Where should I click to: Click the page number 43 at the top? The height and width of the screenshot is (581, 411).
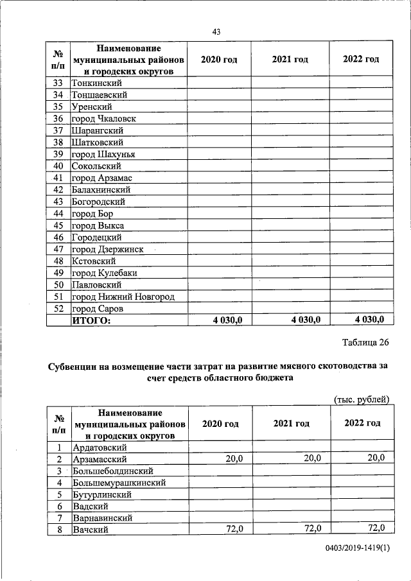click(x=216, y=33)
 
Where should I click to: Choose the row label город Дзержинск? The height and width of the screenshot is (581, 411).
click(x=107, y=249)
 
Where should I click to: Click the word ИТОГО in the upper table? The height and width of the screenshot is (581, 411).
click(x=91, y=320)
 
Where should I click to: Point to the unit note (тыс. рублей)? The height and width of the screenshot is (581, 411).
click(x=362, y=399)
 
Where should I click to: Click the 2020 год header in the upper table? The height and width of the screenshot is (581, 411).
click(x=219, y=59)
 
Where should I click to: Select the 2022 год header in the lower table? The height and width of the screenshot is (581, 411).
click(x=362, y=423)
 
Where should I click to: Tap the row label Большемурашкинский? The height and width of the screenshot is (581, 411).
click(x=120, y=482)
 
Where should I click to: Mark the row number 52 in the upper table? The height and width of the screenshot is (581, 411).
click(x=58, y=309)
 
